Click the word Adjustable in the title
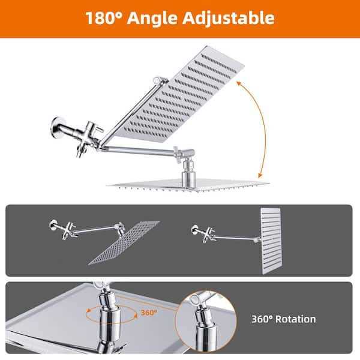pos(231,18)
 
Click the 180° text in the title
pos(103,17)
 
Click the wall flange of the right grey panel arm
pos(193,229)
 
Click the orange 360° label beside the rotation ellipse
pos(149,313)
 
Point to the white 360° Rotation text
pos(284,319)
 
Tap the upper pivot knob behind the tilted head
pos(159,80)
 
